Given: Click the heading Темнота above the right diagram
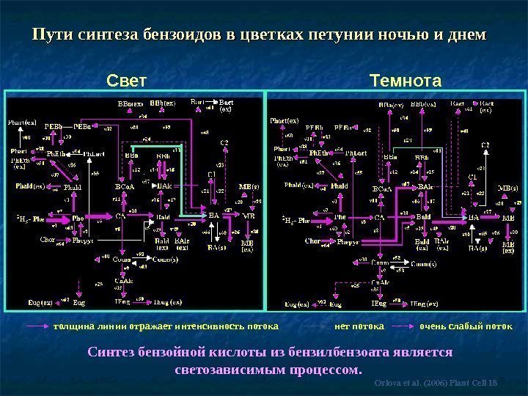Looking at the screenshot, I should coord(406,78).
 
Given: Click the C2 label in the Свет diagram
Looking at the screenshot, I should coord(224,142).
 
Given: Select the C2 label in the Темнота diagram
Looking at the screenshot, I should coord(485,145).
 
